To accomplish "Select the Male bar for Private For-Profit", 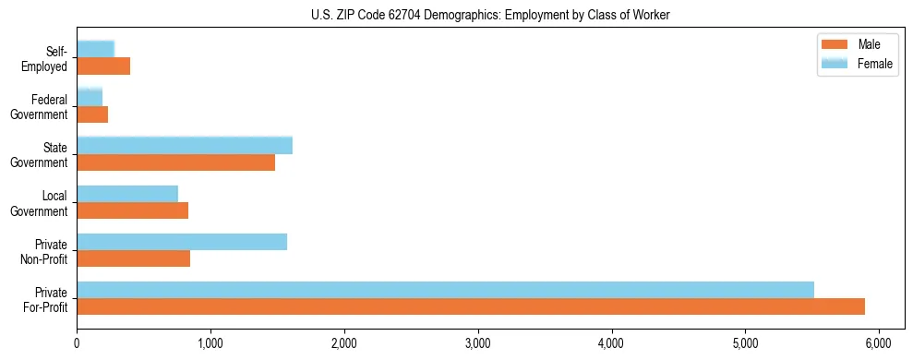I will [x=471, y=306].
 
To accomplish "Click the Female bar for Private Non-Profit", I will [x=182, y=242].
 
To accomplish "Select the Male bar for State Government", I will [x=175, y=162].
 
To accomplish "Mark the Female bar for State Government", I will [x=185, y=146].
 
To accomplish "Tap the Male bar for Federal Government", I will [x=92, y=114].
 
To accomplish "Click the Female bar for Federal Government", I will [x=90, y=98].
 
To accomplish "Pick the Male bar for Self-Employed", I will [x=103, y=66].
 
